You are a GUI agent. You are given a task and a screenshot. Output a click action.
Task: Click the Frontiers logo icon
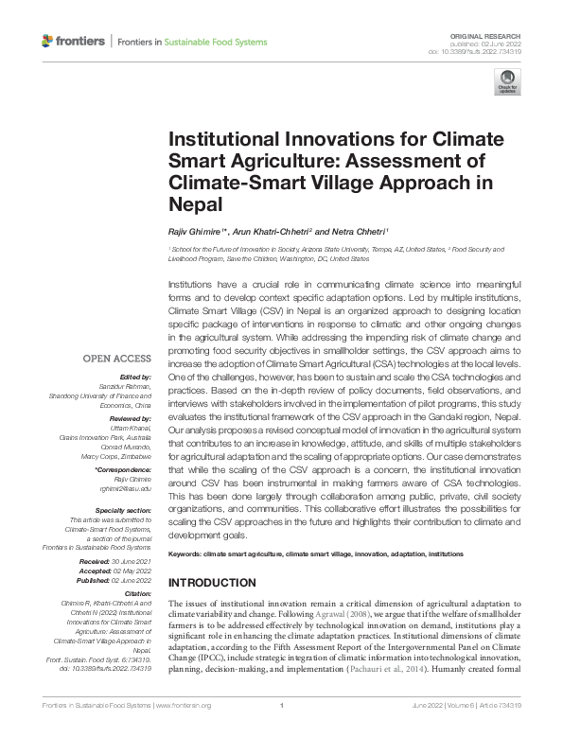[48, 42]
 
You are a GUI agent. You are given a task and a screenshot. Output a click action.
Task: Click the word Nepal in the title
[195, 203]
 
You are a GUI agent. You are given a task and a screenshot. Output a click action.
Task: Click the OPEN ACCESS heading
[116, 359]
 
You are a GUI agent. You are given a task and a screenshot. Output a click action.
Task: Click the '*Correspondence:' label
[123, 469]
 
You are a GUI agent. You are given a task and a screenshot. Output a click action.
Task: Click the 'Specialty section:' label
[123, 510]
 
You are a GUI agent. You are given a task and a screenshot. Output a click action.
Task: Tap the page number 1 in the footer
[281, 730]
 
